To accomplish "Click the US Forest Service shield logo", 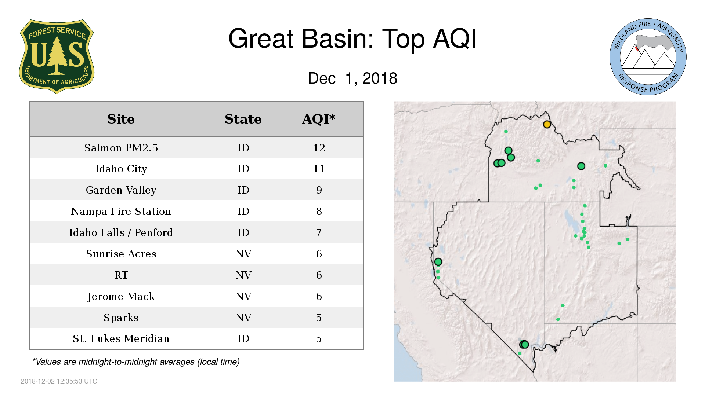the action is tap(57, 56).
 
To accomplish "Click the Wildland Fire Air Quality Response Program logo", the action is tap(648, 57).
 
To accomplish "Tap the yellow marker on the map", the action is tap(547, 124).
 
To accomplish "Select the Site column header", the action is tap(121, 119).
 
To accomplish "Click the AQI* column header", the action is tap(319, 119).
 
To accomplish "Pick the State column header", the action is tap(243, 119).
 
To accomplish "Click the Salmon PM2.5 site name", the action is tap(121, 148).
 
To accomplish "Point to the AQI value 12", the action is tap(319, 148).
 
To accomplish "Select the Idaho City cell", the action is tap(121, 169).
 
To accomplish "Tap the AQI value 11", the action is tap(319, 169).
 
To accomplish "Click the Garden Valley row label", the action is tap(121, 190).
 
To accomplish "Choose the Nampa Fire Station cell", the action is tap(121, 211).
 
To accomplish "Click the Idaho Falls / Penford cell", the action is tap(121, 232).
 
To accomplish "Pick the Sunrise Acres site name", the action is tap(121, 254).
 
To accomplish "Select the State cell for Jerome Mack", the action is tap(243, 296).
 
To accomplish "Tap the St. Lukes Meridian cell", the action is tap(121, 338).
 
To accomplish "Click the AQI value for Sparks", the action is tap(319, 318).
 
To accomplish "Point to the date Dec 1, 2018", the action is tap(352, 78).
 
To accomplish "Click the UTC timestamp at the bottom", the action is tap(59, 381).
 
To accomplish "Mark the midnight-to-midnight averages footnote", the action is tap(136, 362).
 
